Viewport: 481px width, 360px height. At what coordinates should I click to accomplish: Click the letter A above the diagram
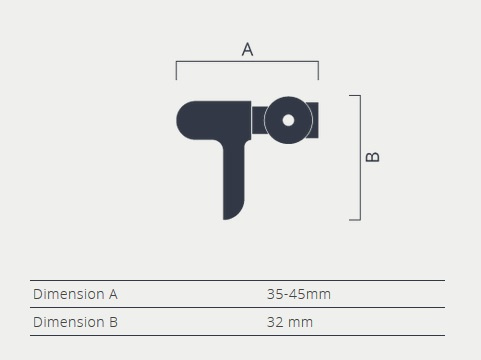[x=247, y=49]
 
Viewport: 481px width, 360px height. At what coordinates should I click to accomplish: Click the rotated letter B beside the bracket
[x=373, y=157]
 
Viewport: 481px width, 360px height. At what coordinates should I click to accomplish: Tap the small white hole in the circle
[x=288, y=120]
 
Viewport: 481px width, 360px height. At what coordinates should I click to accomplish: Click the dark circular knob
[x=288, y=120]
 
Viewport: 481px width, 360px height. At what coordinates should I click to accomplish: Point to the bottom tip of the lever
[x=225, y=219]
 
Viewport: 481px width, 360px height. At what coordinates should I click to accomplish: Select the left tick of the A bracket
[x=176, y=71]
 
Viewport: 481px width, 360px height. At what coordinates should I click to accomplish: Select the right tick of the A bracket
[x=318, y=71]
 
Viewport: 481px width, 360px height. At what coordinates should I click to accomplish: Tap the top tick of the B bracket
[x=355, y=96]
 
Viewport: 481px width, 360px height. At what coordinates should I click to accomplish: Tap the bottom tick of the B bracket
[x=355, y=220]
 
